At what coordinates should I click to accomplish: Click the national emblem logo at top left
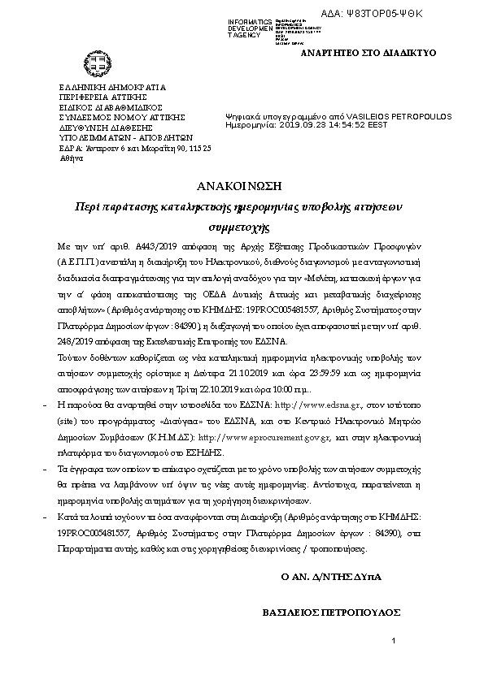(x=89, y=63)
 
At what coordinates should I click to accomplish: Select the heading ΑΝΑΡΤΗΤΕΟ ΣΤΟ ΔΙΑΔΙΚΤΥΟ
(x=368, y=52)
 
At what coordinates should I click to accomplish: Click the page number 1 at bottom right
(x=393, y=642)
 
